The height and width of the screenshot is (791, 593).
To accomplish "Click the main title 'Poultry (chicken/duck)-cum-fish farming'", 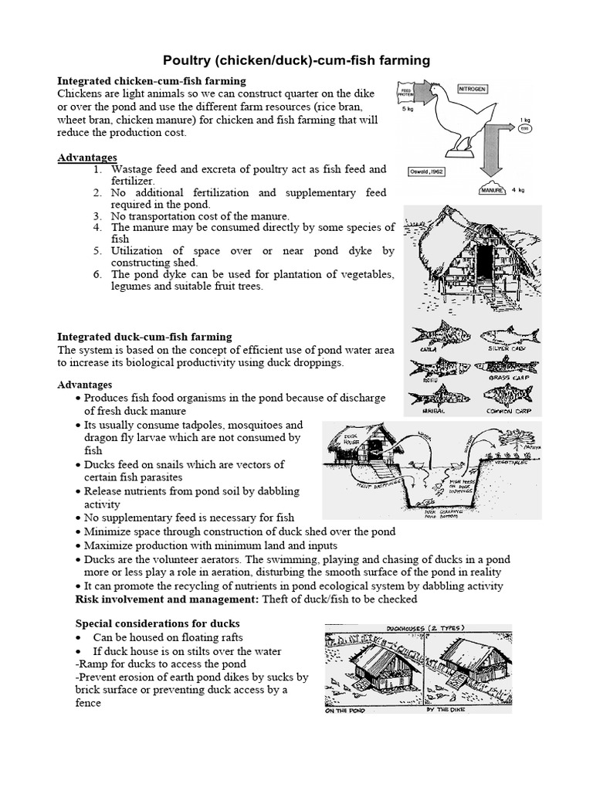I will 296,60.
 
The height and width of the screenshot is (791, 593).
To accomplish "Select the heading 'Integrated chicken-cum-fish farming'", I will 152,81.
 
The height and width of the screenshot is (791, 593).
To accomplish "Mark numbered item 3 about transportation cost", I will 200,216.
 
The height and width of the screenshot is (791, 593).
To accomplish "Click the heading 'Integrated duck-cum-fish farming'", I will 145,337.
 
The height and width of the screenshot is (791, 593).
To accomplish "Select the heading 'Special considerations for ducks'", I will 157,623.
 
